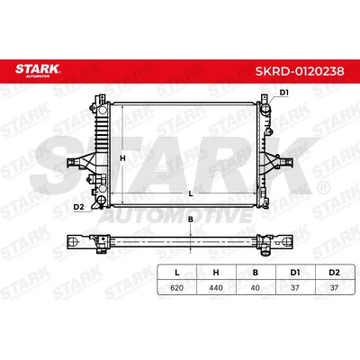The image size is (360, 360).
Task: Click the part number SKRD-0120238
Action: pyautogui.click(x=300, y=71)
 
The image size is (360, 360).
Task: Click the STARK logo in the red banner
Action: pyautogui.click(x=38, y=70)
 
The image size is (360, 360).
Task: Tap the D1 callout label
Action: pyautogui.click(x=284, y=93)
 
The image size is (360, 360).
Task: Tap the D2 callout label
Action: pyautogui.click(x=78, y=207)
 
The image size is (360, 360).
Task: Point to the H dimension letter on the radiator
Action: pyautogui.click(x=122, y=158)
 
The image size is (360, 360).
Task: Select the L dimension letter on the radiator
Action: pyautogui.click(x=191, y=193)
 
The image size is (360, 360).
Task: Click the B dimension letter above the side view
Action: pyautogui.click(x=191, y=220)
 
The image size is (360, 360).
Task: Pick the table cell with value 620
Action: pyautogui.click(x=176, y=288)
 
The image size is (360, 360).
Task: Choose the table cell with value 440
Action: pyautogui.click(x=216, y=288)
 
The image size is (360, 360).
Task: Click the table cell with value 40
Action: pyautogui.click(x=256, y=288)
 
